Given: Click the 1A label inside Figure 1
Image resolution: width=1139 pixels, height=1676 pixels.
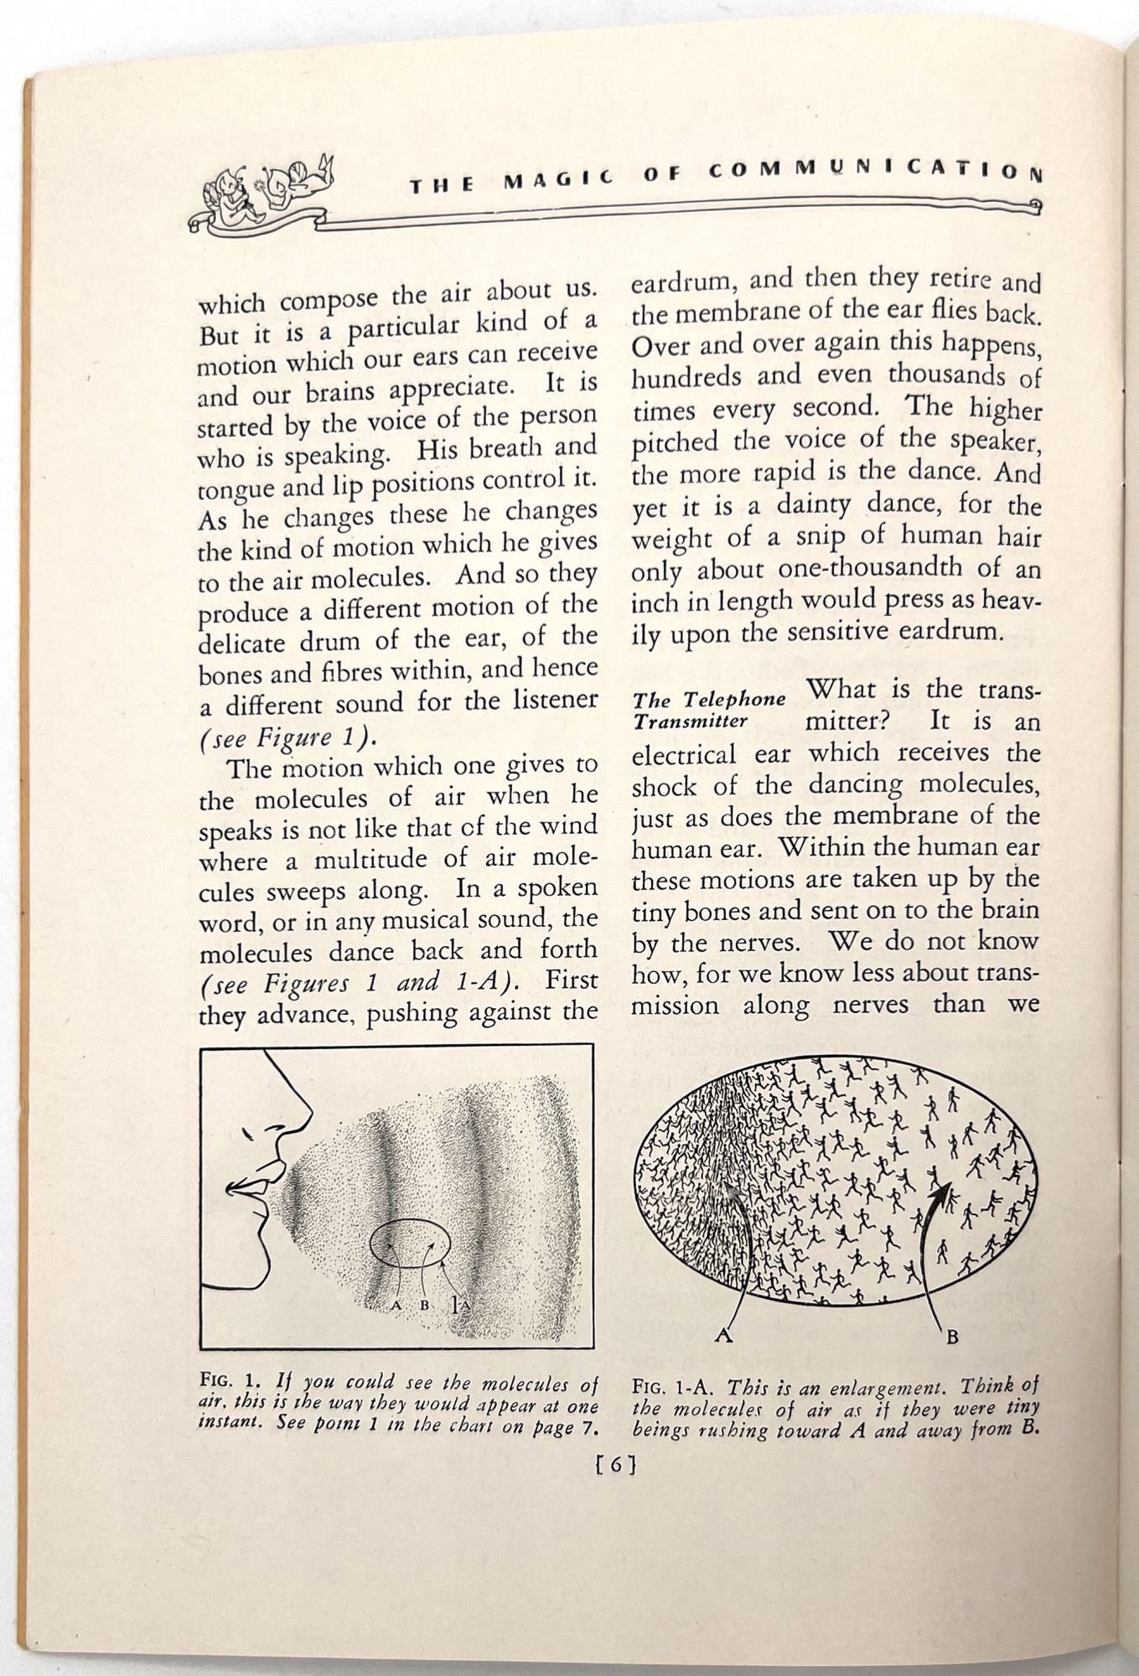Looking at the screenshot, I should pyautogui.click(x=459, y=1305).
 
